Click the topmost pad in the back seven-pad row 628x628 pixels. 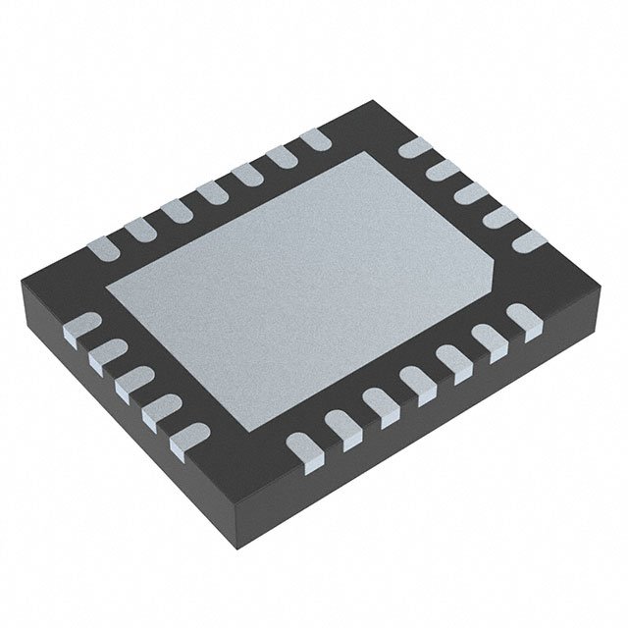[x=314, y=140]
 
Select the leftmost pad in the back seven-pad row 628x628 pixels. [x=105, y=247]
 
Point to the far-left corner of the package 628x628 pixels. [x=20, y=285]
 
